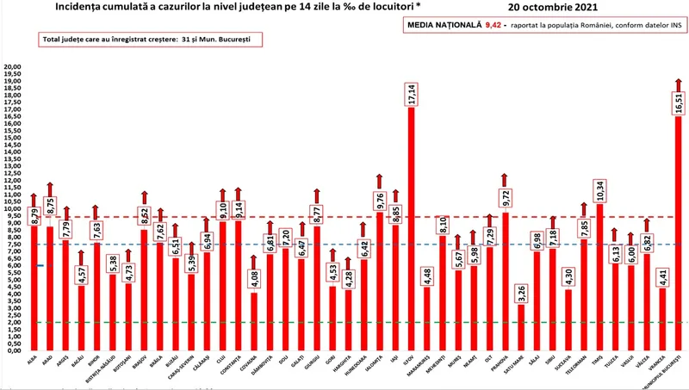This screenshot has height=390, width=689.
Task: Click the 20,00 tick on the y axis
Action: point(13,67)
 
